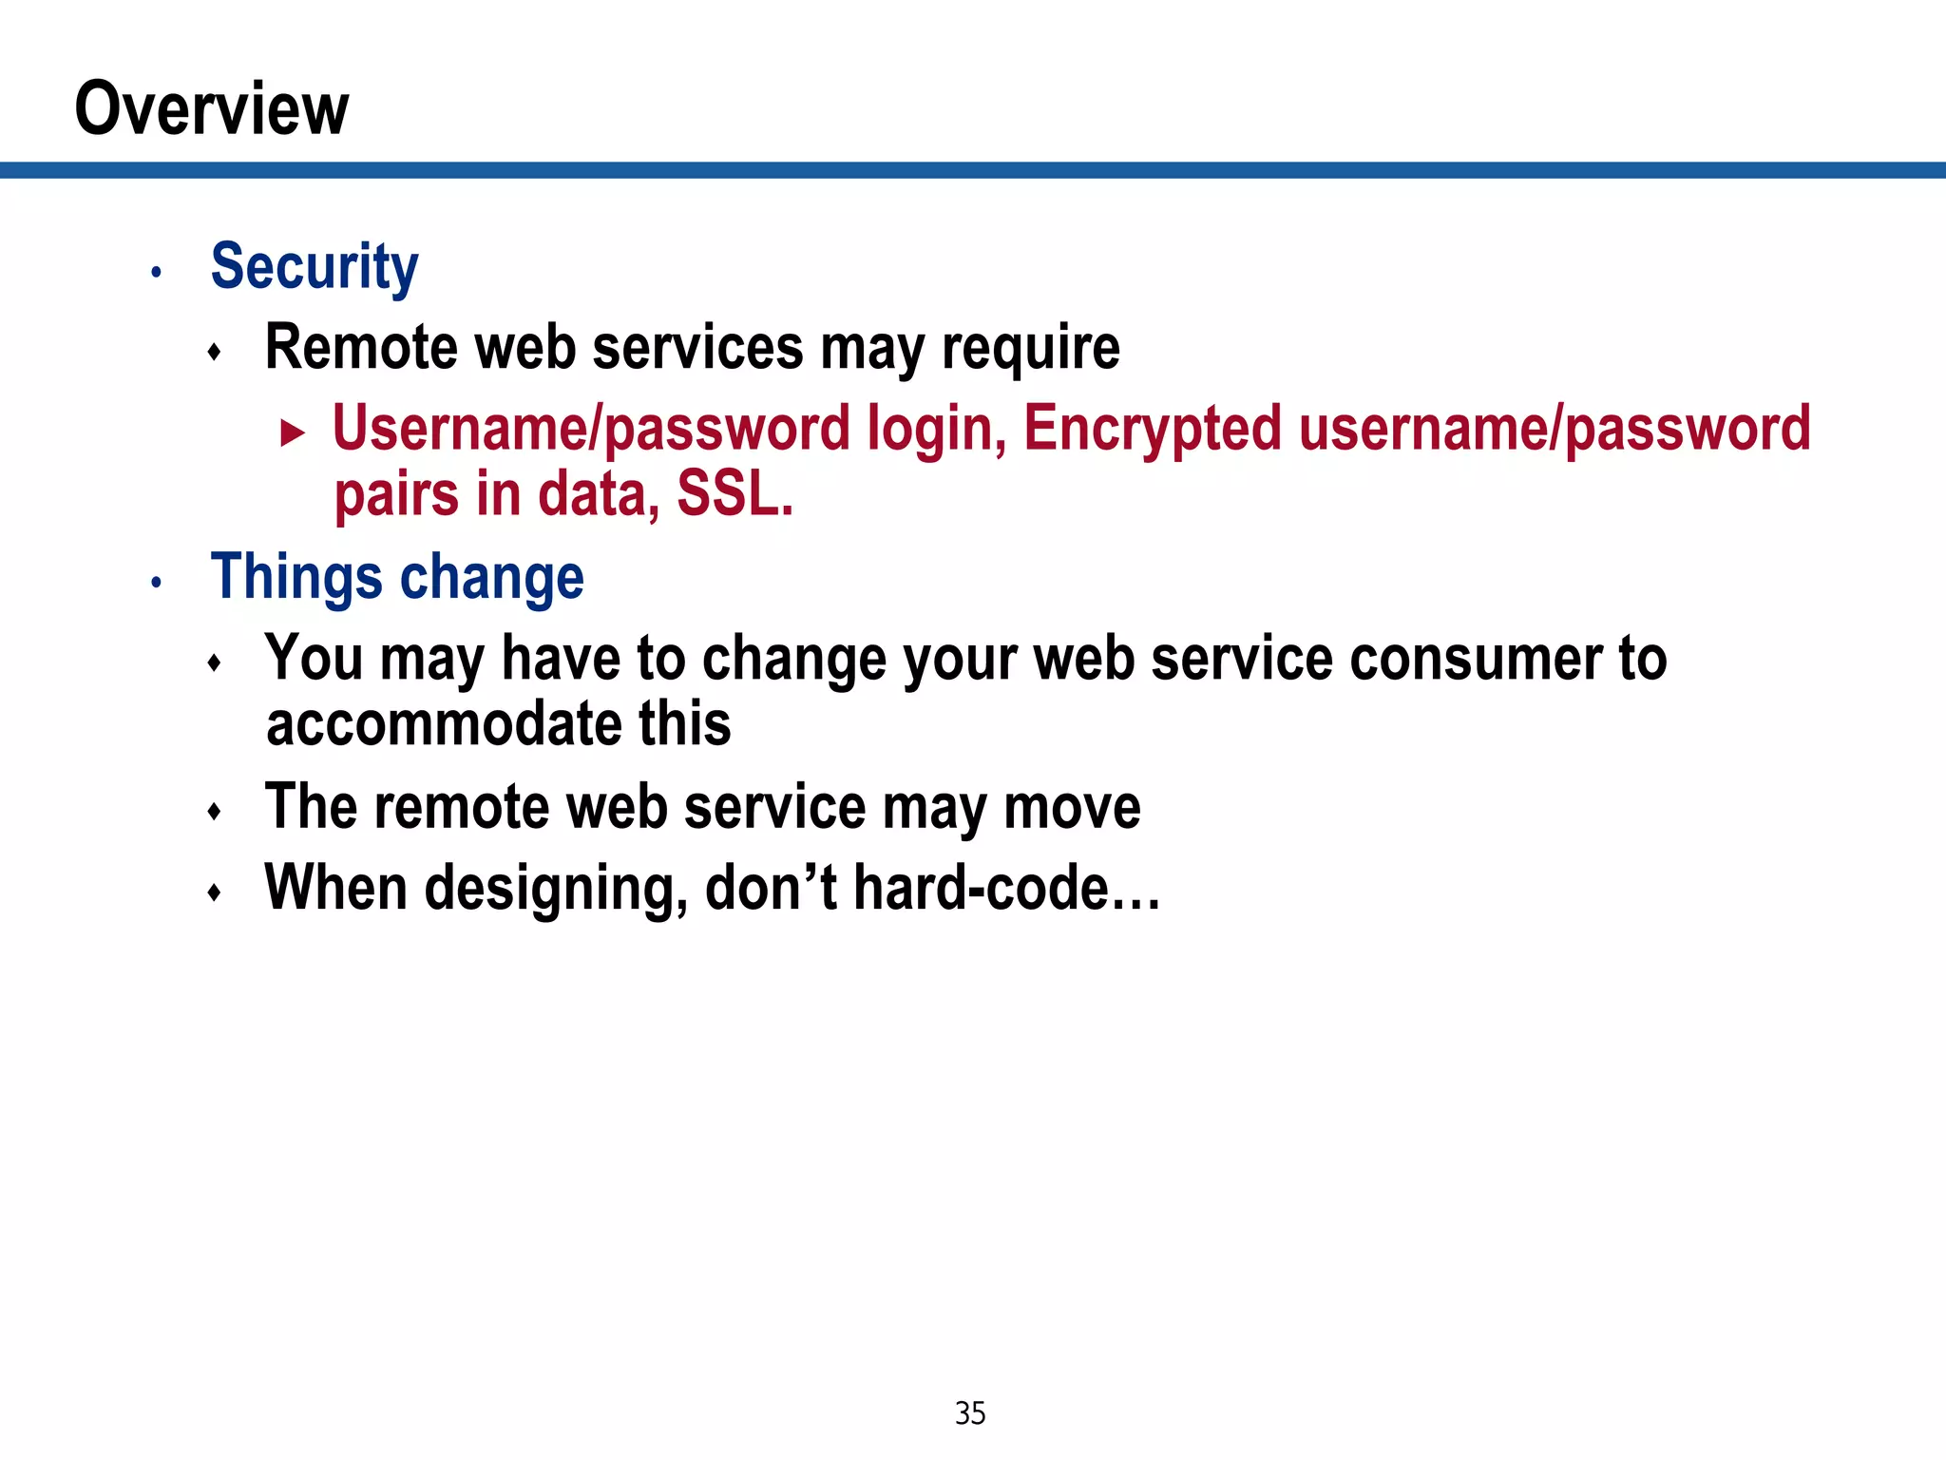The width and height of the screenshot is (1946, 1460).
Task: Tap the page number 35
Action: pos(970,1413)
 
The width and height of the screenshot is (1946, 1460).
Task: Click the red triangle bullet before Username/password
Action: pos(293,434)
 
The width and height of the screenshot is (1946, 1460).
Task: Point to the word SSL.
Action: pos(734,495)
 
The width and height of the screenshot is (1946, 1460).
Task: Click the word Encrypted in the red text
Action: pos(1152,429)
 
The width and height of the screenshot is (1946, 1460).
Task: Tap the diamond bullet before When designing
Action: pos(215,893)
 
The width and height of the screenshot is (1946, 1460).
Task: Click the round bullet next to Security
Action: pos(157,274)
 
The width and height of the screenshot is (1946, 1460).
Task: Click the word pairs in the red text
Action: pos(396,495)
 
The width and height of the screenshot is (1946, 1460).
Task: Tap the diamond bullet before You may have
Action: pos(215,663)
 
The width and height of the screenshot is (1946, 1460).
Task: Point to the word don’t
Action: pos(771,888)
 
